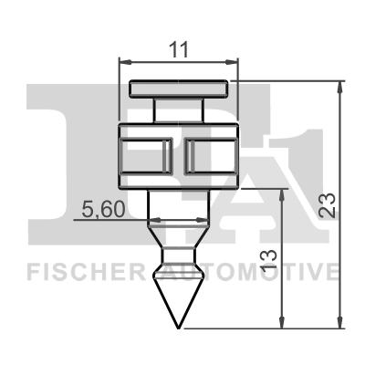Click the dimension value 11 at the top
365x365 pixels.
click(x=178, y=50)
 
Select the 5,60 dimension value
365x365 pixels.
click(x=103, y=210)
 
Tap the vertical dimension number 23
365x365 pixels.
click(x=327, y=205)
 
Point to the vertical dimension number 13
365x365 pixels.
click(x=269, y=259)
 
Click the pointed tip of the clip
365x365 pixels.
click(x=179, y=328)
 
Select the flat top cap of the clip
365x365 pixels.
click(x=179, y=89)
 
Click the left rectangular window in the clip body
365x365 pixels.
click(x=146, y=156)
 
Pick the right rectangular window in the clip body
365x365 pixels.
click(x=211, y=156)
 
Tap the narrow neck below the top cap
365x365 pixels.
click(x=178, y=109)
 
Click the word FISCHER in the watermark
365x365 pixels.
click(x=87, y=273)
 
